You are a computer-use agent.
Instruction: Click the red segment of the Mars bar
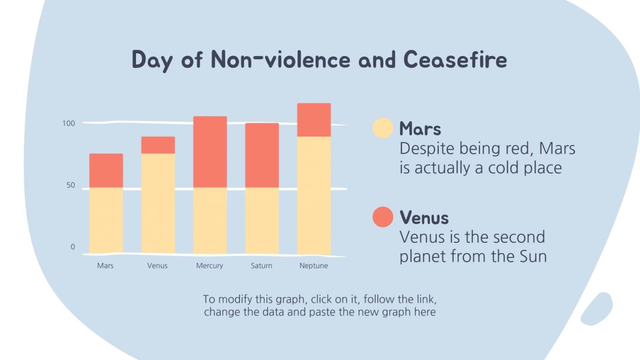coord(106,170)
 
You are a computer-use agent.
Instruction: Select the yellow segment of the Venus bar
coord(158,203)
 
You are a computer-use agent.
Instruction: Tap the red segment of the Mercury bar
coord(210,152)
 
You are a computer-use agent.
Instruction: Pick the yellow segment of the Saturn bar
coord(262,221)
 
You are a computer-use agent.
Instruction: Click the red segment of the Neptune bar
coord(314,120)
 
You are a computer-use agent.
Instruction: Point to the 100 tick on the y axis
coord(69,124)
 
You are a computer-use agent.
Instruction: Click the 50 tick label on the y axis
coord(70,185)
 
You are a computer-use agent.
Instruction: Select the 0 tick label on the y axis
coord(73,247)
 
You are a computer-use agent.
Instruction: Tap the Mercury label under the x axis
coord(209,266)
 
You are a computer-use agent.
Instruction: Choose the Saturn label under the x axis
coord(262,266)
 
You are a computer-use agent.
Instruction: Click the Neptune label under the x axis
coord(314,266)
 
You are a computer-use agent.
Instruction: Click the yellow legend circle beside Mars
coord(383,128)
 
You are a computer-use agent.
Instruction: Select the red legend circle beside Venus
coord(383,217)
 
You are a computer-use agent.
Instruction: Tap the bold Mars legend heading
coord(420,128)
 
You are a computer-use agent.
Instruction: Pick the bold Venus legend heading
coord(424,217)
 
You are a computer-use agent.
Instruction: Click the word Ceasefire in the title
coord(456,59)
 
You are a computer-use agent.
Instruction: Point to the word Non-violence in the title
coord(281,59)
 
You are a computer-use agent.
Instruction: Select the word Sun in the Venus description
coord(533,256)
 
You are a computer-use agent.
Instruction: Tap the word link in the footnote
coord(426,299)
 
